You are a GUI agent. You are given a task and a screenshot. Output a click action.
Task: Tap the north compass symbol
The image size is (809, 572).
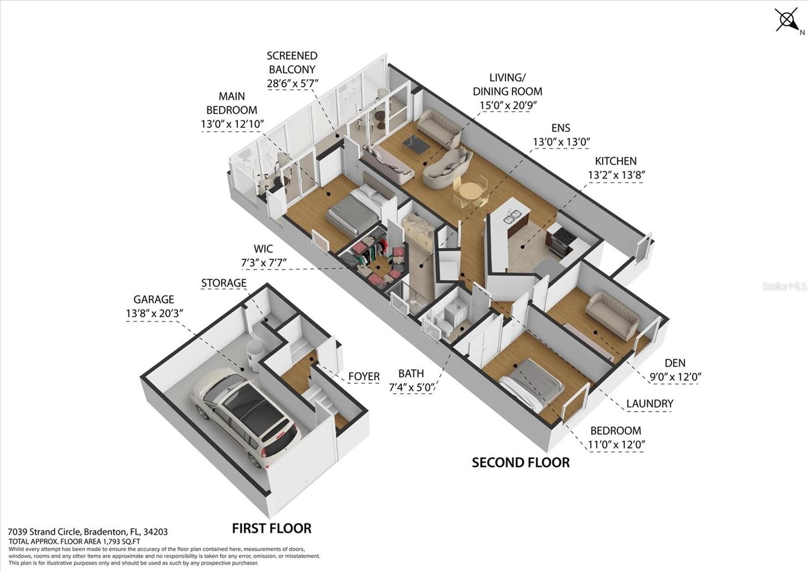coord(788,21)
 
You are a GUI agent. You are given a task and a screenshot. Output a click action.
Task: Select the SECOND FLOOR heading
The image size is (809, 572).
coord(521,463)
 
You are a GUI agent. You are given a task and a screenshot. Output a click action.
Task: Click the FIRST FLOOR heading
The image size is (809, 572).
coord(272,528)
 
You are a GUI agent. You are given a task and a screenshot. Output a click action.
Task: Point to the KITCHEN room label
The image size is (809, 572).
coord(616,161)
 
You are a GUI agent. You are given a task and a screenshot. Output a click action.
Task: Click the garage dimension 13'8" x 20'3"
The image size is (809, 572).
coord(155,313)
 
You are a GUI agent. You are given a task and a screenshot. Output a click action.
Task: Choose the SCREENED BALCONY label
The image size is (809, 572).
coord(292,62)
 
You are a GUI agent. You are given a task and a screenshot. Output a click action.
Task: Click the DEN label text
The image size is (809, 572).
coord(675,363)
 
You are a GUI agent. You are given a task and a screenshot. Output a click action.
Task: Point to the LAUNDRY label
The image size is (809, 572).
coord(650,403)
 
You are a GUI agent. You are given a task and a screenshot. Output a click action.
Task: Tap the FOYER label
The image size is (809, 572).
coord(364,377)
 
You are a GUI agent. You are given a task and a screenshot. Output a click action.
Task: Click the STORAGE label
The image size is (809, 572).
coord(224,283)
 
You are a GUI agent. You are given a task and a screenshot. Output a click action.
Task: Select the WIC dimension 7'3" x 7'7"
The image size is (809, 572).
coord(263,263)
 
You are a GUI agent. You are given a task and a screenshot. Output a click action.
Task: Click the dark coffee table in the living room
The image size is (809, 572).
coord(416,145)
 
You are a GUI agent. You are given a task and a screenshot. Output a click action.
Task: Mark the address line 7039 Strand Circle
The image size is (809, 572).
coord(88,532)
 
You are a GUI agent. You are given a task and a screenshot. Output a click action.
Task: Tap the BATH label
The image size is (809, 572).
coord(411,373)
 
